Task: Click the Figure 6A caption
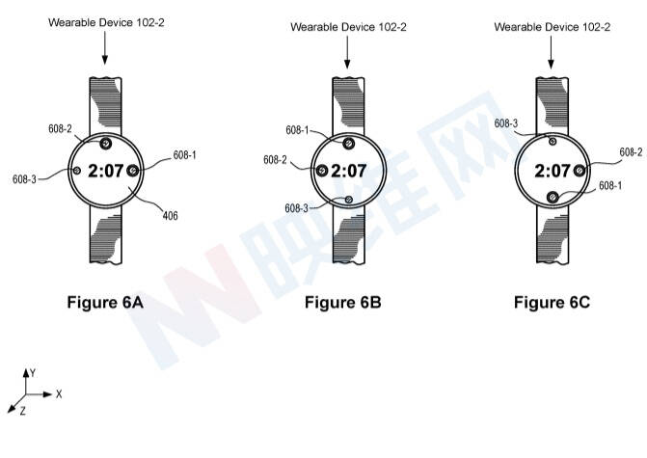pos(105,303)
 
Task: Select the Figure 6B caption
pos(343,303)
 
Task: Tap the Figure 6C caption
pos(552,303)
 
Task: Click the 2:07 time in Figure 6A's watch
pos(106,171)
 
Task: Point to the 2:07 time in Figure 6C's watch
pos(553,171)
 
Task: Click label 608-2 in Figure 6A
pos(60,129)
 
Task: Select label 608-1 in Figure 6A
pos(184,155)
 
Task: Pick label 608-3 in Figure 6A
pos(24,179)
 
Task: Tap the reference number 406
pos(170,215)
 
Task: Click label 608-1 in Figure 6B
pos(297,130)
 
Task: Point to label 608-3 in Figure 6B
pos(297,208)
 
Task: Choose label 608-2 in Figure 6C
pos(631,152)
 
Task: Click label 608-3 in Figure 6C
pos(506,123)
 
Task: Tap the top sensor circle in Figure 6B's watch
pos(349,143)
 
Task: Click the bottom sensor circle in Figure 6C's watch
pos(553,198)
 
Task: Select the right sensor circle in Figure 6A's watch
pos(132,170)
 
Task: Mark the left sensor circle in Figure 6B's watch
pos(322,170)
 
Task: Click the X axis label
pos(59,394)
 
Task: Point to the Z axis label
pos(23,411)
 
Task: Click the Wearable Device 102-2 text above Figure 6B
pos(349,27)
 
